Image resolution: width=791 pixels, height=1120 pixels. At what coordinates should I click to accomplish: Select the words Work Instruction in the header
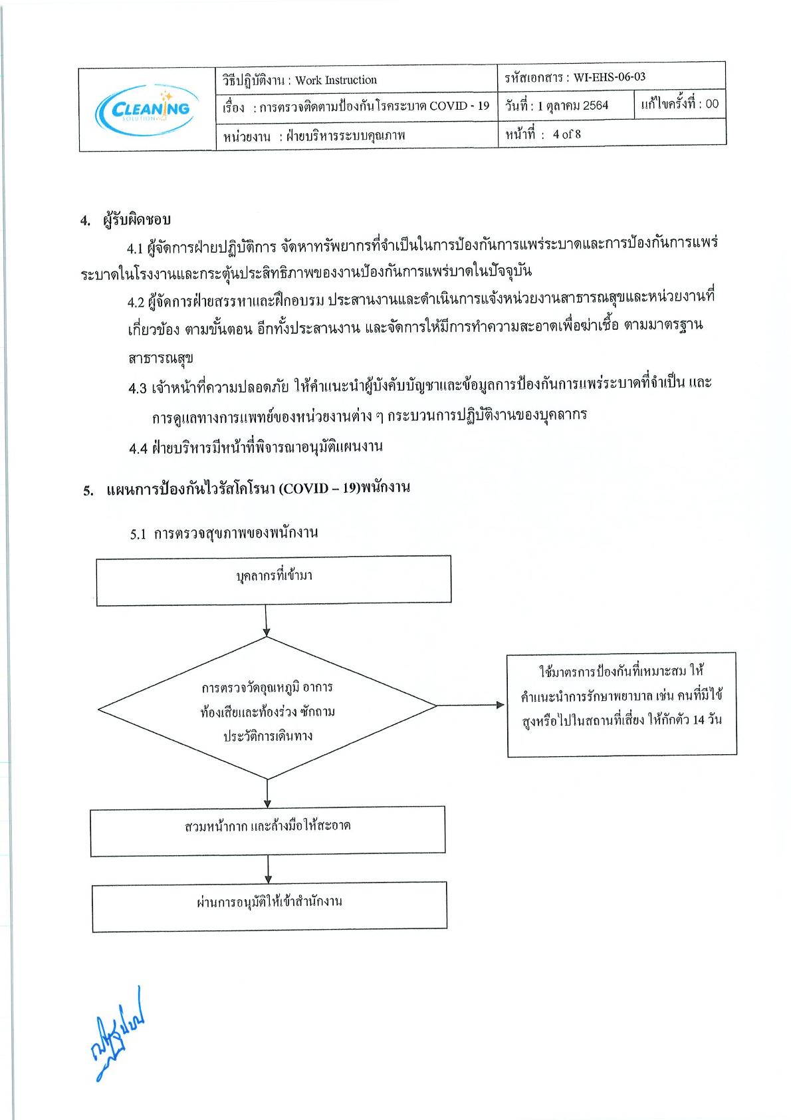point(336,80)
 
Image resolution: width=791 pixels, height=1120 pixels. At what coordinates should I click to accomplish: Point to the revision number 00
point(712,104)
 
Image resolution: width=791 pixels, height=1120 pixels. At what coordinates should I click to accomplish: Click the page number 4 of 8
point(566,134)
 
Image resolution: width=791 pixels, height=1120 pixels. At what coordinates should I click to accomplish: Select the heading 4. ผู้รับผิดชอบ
point(126,220)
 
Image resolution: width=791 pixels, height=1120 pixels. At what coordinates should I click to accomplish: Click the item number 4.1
point(135,249)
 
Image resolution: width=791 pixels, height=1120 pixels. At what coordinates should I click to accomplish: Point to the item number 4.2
point(136,303)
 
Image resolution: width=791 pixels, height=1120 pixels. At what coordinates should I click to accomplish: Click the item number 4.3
point(138,388)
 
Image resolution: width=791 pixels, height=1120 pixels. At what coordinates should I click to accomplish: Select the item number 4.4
point(138,448)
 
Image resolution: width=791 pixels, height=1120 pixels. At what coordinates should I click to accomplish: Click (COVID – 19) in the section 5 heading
point(319,488)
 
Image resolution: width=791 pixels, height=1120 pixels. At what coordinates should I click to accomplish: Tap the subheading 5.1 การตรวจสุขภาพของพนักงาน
point(224,533)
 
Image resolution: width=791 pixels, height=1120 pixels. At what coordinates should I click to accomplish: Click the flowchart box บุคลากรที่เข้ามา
point(274,581)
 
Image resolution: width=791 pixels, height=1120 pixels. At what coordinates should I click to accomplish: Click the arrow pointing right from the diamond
point(471,705)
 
